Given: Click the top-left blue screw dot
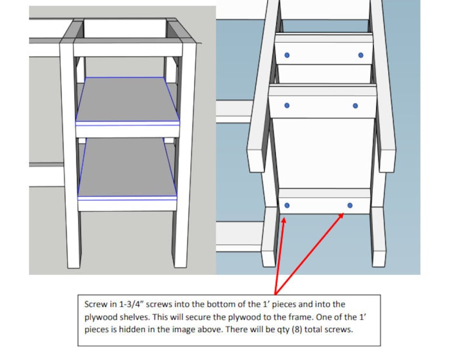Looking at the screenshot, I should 286,55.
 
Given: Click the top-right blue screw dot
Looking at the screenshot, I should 360,55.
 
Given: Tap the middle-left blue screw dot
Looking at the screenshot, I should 286,106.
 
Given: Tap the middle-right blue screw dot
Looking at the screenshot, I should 355,106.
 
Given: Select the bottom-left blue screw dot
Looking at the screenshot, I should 287,205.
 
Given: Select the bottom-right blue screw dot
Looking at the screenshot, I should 350,205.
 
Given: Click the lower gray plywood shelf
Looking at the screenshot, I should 127,168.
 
